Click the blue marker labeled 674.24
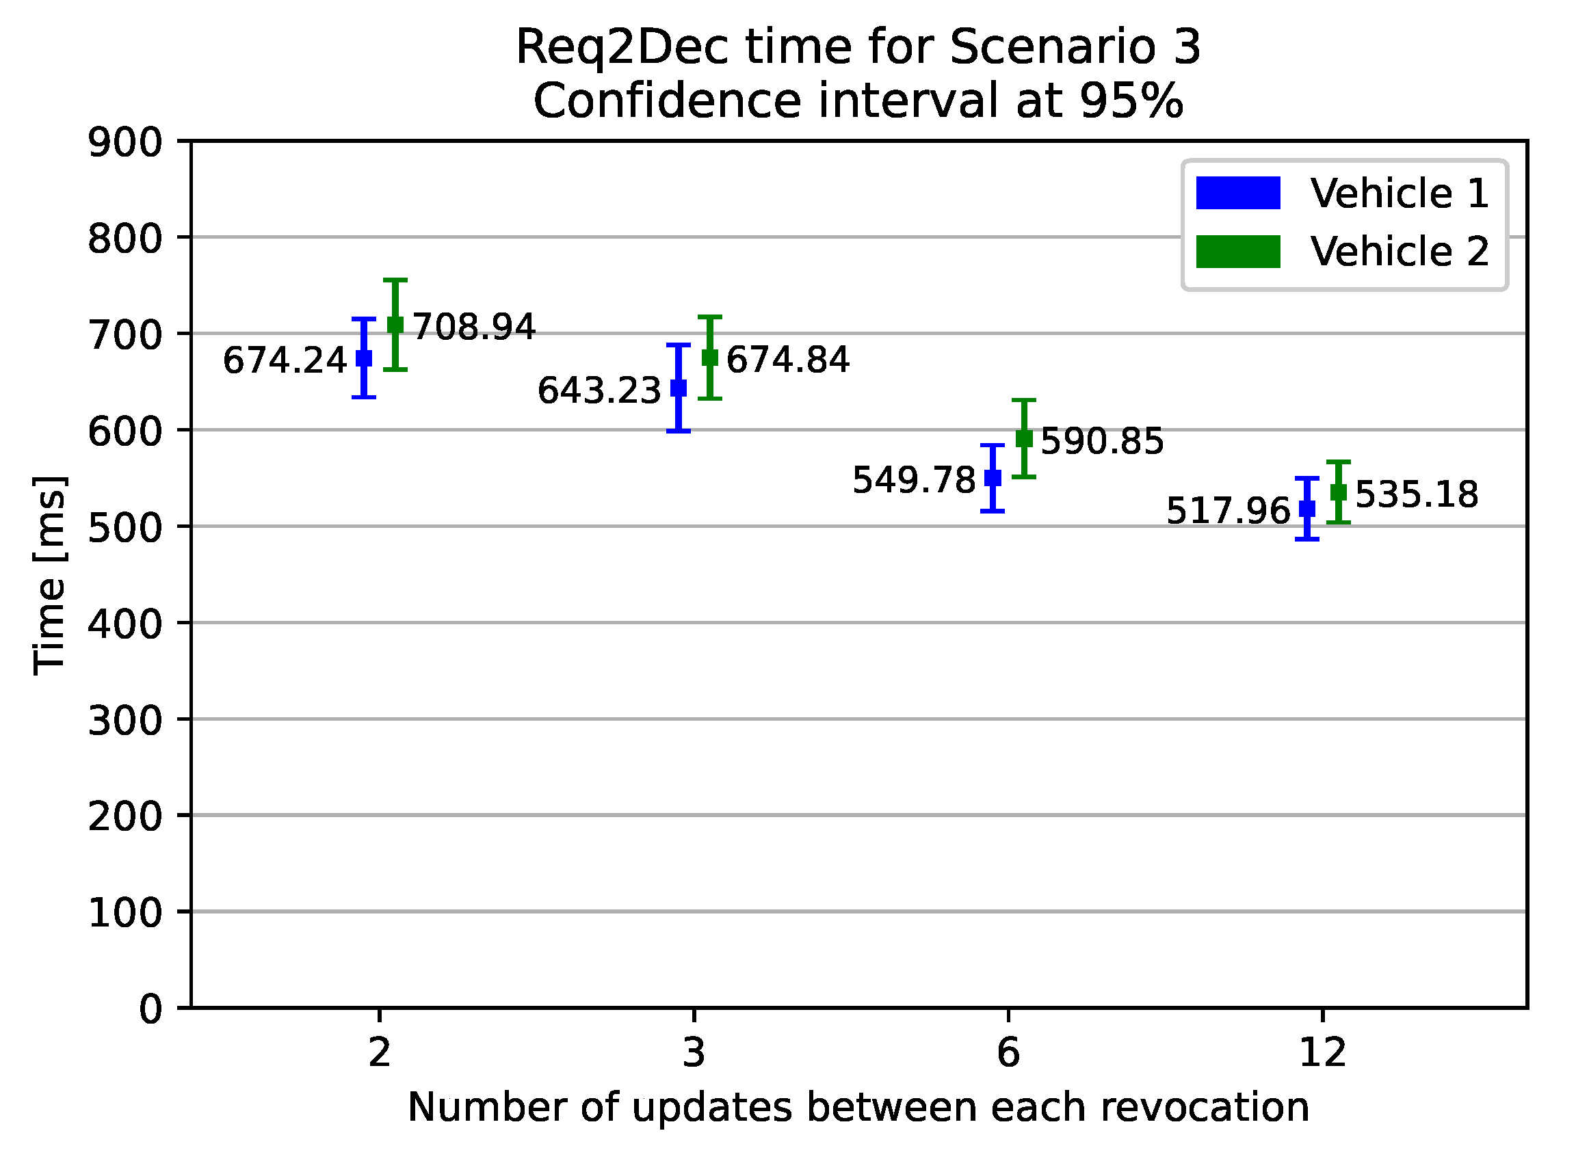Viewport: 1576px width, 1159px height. pyautogui.click(x=364, y=358)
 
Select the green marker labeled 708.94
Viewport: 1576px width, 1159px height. pyautogui.click(x=395, y=324)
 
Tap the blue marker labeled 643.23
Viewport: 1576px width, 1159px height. pyautogui.click(x=679, y=387)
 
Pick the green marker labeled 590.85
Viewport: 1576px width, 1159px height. pyautogui.click(x=1024, y=438)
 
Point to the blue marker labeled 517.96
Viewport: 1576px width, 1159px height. pyautogui.click(x=1306, y=509)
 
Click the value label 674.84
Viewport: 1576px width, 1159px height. pyautogui.click(x=787, y=360)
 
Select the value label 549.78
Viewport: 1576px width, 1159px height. pyautogui.click(x=913, y=481)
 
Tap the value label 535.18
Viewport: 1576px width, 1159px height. pyautogui.click(x=1416, y=494)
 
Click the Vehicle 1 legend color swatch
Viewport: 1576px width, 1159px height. pyautogui.click(x=1238, y=193)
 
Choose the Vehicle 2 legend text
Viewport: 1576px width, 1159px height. pyautogui.click(x=1399, y=251)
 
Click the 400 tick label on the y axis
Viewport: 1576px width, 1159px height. pyautogui.click(x=124, y=624)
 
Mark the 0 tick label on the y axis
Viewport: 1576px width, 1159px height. pyautogui.click(x=150, y=1009)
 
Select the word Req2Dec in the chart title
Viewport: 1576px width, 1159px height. pyautogui.click(x=622, y=48)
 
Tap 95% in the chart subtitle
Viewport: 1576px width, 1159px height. pyautogui.click(x=1131, y=101)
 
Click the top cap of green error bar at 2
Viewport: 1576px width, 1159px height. pyautogui.click(x=395, y=280)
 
